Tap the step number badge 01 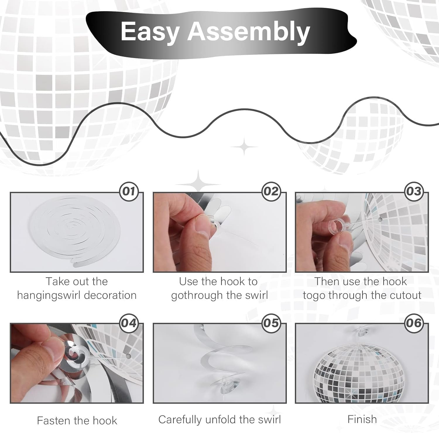click(x=129, y=191)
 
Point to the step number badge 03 click(x=414, y=191)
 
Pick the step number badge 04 click(x=129, y=323)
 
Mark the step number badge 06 click(x=414, y=323)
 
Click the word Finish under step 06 click(x=362, y=419)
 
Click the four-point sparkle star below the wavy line click(x=244, y=146)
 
